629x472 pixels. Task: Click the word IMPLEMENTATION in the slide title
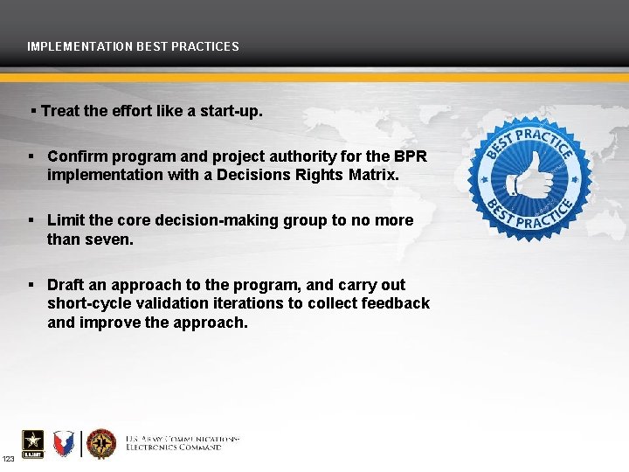pyautogui.click(x=79, y=46)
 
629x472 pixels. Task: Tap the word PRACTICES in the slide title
pyautogui.click(x=206, y=46)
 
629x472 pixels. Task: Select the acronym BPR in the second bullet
pyautogui.click(x=411, y=156)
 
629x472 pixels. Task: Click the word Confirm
pyautogui.click(x=75, y=156)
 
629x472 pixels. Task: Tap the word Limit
pyautogui.click(x=66, y=220)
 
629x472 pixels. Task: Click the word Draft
pyautogui.click(x=66, y=285)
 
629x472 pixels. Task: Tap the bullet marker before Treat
pyautogui.click(x=33, y=112)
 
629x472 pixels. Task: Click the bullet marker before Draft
pyautogui.click(x=31, y=285)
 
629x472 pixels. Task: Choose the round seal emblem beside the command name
pyautogui.click(x=101, y=443)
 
